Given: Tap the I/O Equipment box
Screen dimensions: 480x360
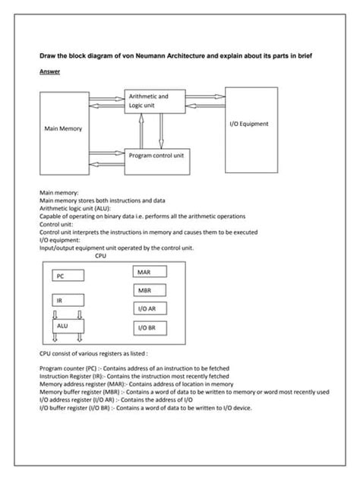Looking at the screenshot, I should click(252, 124).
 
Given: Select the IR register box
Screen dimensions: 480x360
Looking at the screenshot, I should click(67, 302).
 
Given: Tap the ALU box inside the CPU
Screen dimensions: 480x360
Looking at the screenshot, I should click(66, 325).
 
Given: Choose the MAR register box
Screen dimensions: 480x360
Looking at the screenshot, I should click(147, 272).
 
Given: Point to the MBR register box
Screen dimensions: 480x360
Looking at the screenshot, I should click(147, 291).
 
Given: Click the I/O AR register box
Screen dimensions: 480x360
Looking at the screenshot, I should click(147, 309).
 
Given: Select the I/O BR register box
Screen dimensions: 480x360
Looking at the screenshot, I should click(147, 328).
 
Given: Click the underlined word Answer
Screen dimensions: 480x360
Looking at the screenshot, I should click(49, 71).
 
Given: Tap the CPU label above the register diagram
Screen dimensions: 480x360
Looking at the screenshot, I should click(101, 255).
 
